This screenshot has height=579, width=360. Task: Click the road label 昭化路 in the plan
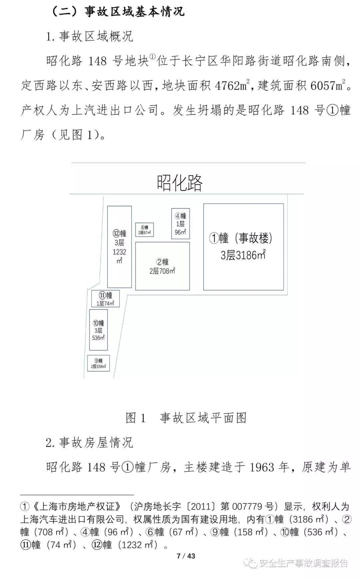180,183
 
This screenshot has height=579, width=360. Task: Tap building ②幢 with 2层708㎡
162,266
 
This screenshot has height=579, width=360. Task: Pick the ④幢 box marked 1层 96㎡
181,224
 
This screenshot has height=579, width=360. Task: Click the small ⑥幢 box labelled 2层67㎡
144,230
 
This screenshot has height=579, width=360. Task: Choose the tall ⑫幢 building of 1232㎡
119,247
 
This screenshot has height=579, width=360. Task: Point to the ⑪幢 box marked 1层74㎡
105,299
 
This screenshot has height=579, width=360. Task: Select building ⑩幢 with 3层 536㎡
98,330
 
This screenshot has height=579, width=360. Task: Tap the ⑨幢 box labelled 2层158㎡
98,363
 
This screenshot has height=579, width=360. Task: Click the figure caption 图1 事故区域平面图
186,418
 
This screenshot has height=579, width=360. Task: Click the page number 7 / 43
186,556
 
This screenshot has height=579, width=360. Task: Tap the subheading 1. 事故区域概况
89,36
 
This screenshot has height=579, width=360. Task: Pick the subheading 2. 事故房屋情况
89,443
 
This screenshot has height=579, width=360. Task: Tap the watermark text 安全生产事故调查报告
303,563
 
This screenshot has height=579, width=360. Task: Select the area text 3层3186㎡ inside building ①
243,255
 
